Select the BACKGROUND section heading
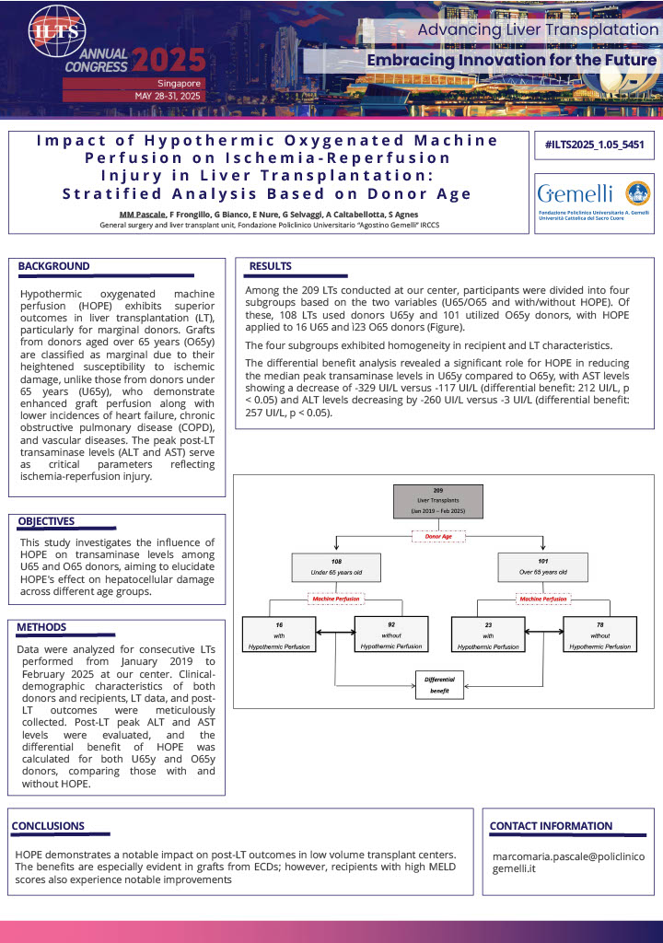[x=54, y=266]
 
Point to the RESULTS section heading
[x=271, y=266]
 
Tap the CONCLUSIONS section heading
[x=48, y=826]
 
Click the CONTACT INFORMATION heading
[x=551, y=826]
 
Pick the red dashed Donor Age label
[x=437, y=536]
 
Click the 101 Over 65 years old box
[x=543, y=566]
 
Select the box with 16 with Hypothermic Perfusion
[x=279, y=634]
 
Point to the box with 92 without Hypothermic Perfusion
[x=391, y=634]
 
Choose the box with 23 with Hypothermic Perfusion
[x=488, y=634]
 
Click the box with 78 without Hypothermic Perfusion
[x=599, y=634]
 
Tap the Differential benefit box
[x=439, y=683]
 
